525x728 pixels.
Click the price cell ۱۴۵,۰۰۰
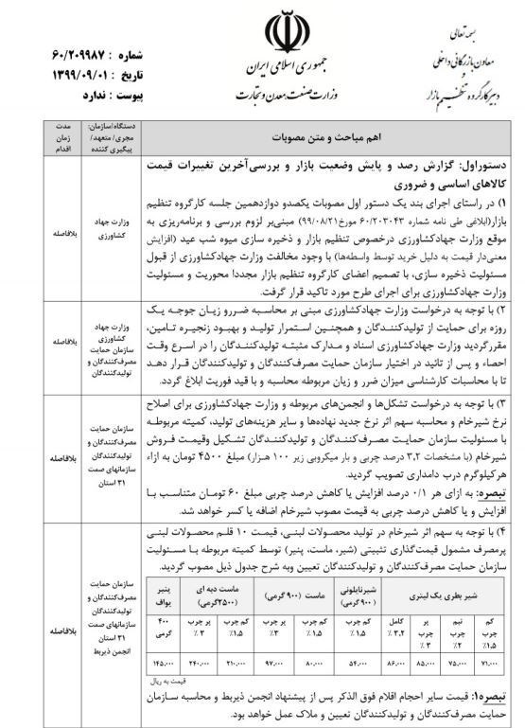(162, 668)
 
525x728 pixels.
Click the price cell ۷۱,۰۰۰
(490, 668)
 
